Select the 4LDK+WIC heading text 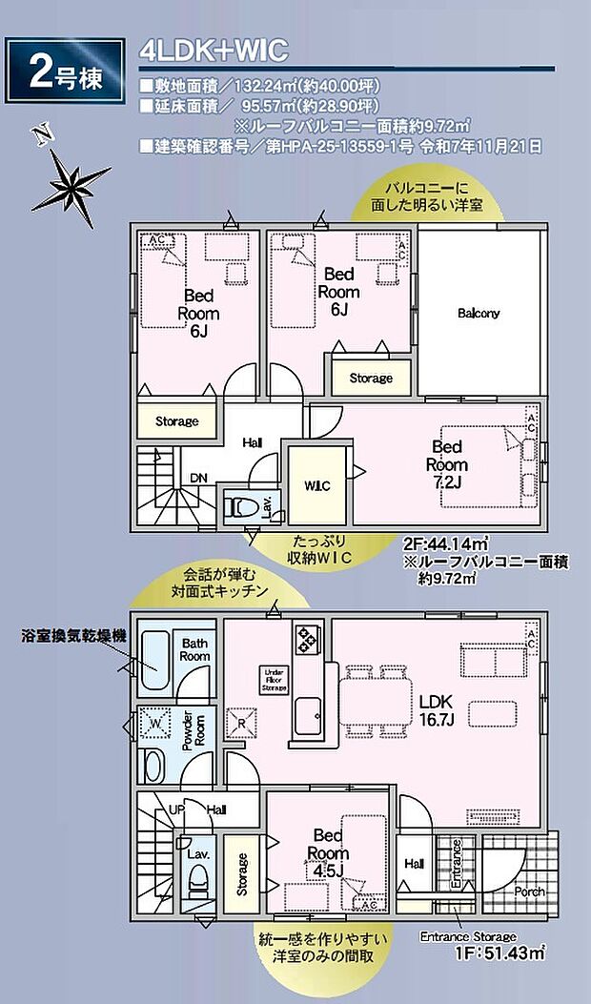click(213, 50)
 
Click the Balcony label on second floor click(479, 313)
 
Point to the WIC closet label click(317, 486)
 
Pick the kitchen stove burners click(308, 639)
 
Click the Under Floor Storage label click(275, 679)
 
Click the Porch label click(529, 891)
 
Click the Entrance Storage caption click(468, 936)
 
